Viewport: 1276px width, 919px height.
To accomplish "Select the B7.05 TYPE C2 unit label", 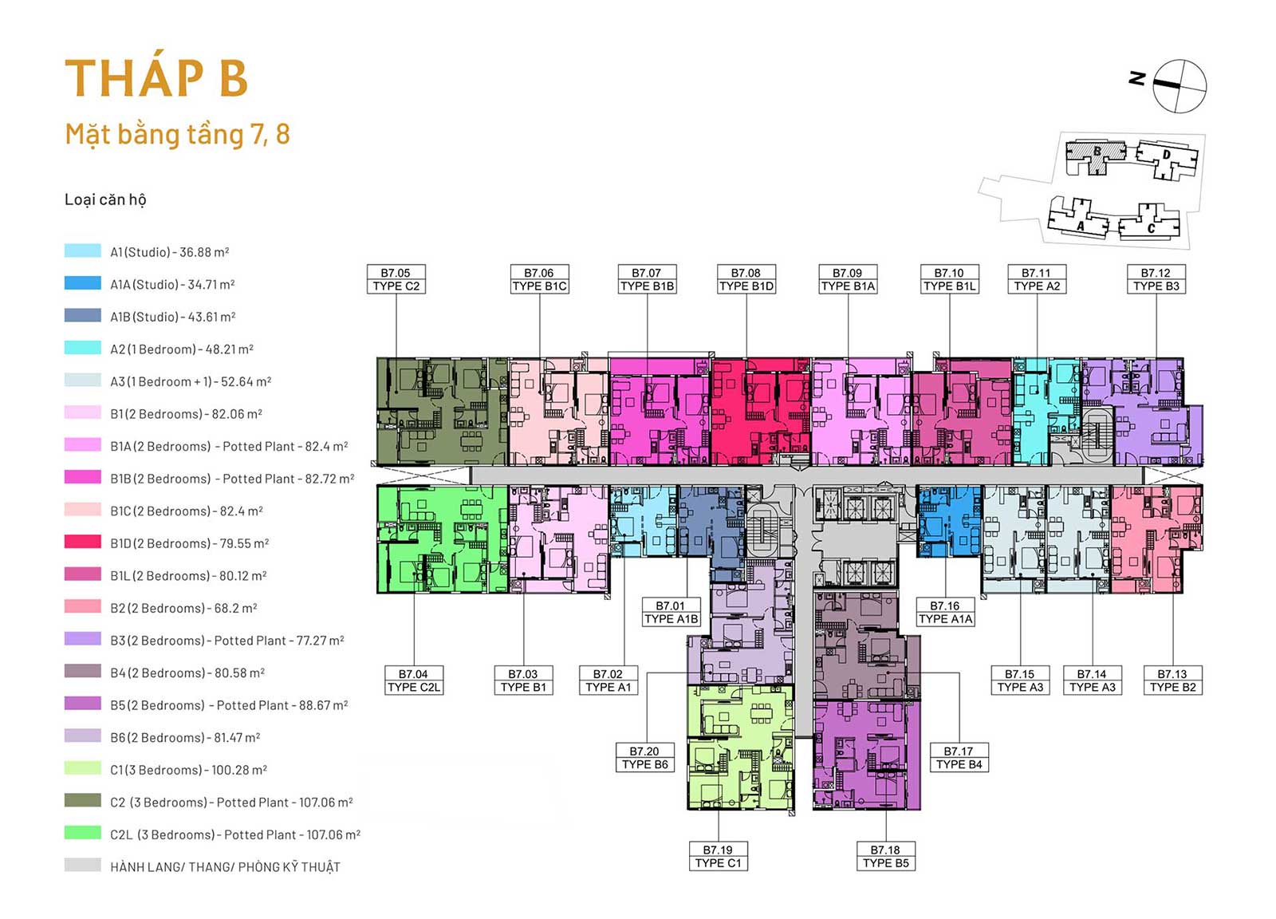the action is point(396,279).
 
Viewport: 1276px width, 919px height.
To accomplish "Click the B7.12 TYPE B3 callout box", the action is point(1156,279).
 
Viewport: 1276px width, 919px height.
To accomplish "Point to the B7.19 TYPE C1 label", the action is point(718,856).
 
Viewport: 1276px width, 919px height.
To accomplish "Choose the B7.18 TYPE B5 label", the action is point(885,856).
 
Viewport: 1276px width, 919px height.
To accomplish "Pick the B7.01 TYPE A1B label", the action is point(671,613).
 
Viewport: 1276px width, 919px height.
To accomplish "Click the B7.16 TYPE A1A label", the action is point(945,613).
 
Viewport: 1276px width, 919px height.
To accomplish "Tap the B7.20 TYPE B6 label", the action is point(645,758).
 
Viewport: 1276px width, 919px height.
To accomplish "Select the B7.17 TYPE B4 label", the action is point(959,758).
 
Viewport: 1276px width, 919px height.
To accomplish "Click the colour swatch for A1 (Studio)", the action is point(83,250).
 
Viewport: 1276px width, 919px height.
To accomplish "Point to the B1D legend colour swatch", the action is point(83,542).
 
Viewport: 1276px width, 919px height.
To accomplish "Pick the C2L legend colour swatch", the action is point(83,833).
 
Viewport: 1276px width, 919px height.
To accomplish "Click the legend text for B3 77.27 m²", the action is point(227,641).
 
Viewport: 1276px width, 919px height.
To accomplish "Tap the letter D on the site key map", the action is point(1167,155).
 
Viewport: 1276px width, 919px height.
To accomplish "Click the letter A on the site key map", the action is point(1080,227).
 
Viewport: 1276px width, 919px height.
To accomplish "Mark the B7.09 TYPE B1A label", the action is point(848,279).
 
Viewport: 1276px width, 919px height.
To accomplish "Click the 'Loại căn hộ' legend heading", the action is point(105,199).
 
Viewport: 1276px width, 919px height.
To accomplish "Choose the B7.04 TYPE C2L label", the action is point(414,680).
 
